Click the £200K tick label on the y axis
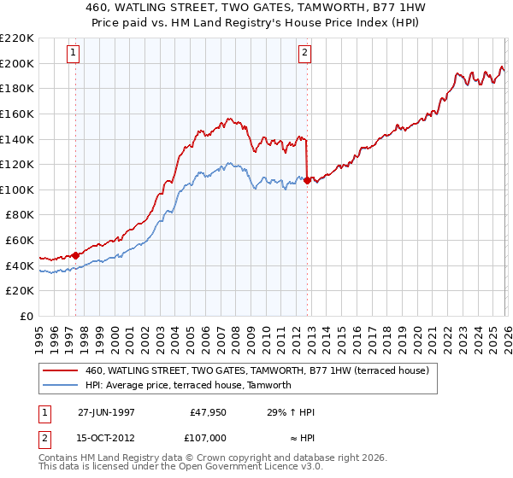[17, 63]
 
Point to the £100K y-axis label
[17, 189]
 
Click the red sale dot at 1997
[76, 254]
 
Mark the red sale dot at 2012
[307, 180]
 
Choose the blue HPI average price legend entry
[188, 385]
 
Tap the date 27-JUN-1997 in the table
[107, 412]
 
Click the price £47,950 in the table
[208, 412]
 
